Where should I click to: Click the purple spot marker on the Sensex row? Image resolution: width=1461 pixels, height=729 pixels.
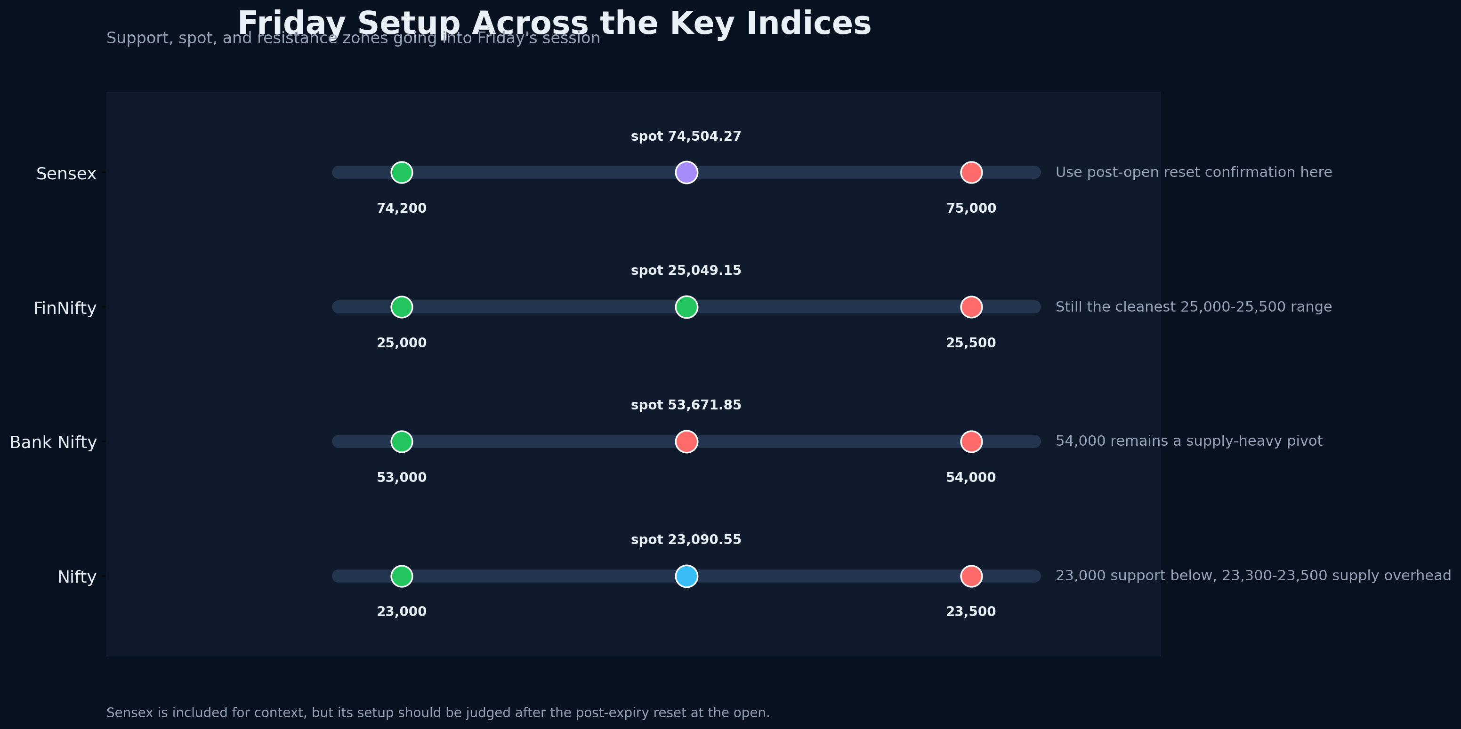click(x=686, y=172)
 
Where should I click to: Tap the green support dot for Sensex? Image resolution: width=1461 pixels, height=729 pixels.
click(x=402, y=172)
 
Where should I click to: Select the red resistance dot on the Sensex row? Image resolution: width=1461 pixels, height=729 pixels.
click(x=971, y=172)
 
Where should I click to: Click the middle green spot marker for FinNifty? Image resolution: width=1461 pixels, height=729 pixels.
click(x=686, y=307)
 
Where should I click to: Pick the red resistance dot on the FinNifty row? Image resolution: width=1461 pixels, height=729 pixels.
click(x=971, y=307)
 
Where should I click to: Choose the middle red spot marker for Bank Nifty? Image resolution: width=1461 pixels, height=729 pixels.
click(x=686, y=441)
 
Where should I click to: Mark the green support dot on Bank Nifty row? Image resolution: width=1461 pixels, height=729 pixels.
click(x=402, y=441)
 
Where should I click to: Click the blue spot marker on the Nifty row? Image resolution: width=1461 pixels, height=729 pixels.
click(x=686, y=576)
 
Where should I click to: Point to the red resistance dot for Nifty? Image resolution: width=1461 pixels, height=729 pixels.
click(x=971, y=576)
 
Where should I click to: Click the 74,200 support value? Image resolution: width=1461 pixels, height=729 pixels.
click(x=402, y=208)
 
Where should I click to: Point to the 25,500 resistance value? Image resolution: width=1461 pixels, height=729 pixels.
click(x=970, y=343)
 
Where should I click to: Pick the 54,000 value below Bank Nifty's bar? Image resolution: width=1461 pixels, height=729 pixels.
click(x=970, y=477)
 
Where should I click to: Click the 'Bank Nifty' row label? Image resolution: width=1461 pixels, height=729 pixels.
click(x=53, y=442)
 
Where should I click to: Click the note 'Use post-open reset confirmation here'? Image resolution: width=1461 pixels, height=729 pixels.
click(x=1193, y=172)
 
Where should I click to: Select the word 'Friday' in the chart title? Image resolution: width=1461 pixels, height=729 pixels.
click(x=291, y=24)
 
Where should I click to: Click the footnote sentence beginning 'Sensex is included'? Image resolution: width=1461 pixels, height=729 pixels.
click(x=438, y=713)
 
